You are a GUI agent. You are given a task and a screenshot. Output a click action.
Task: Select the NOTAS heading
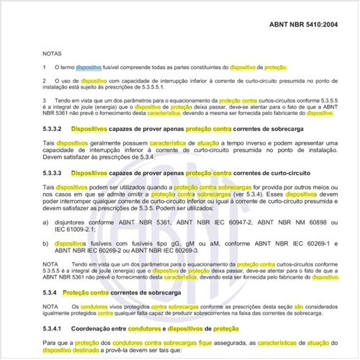pos(54,53)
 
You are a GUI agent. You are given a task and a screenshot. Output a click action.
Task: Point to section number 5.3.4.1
pos(57,328)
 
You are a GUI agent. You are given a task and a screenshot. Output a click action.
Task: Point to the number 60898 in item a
pos(307,224)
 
